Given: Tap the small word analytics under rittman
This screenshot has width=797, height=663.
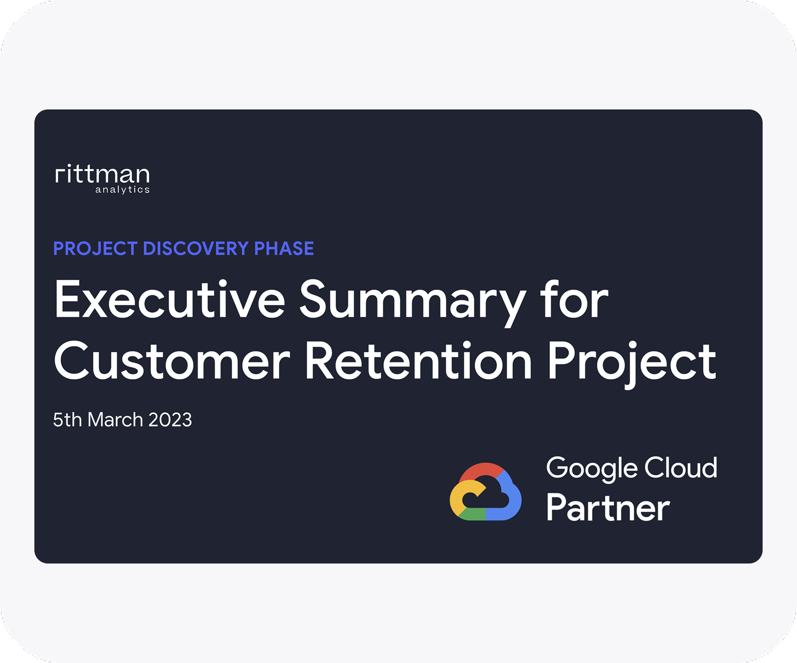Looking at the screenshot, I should point(122,189).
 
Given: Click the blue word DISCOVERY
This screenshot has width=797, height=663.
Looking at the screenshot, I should point(196,249).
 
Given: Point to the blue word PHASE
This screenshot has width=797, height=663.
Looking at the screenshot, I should point(284,249).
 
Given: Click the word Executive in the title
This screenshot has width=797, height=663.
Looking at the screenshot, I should point(169,299).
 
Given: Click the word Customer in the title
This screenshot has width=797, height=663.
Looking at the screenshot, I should point(171,361).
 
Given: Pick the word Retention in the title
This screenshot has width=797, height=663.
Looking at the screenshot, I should point(418,361).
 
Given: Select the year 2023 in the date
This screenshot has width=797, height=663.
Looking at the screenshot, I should point(170,420).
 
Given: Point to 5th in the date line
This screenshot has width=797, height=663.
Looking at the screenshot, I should point(67,420).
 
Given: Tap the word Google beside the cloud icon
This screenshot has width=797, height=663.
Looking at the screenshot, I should point(591,469).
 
